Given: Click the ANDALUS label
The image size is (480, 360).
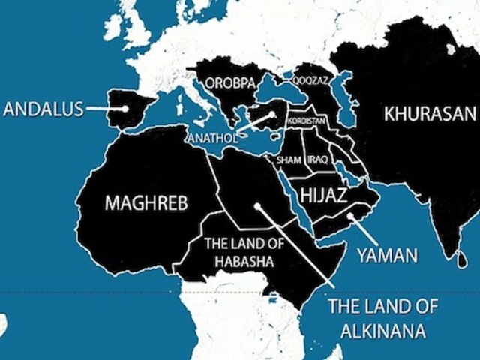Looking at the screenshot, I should coord(42,109).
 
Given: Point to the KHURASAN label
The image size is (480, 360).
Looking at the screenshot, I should coord(430,115).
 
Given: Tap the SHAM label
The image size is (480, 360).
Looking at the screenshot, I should coord(288,160).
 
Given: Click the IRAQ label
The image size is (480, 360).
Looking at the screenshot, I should coord(317,160).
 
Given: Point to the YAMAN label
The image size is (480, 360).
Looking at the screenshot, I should coord(386,255).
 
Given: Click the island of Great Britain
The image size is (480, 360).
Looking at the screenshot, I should coord(136,30).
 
